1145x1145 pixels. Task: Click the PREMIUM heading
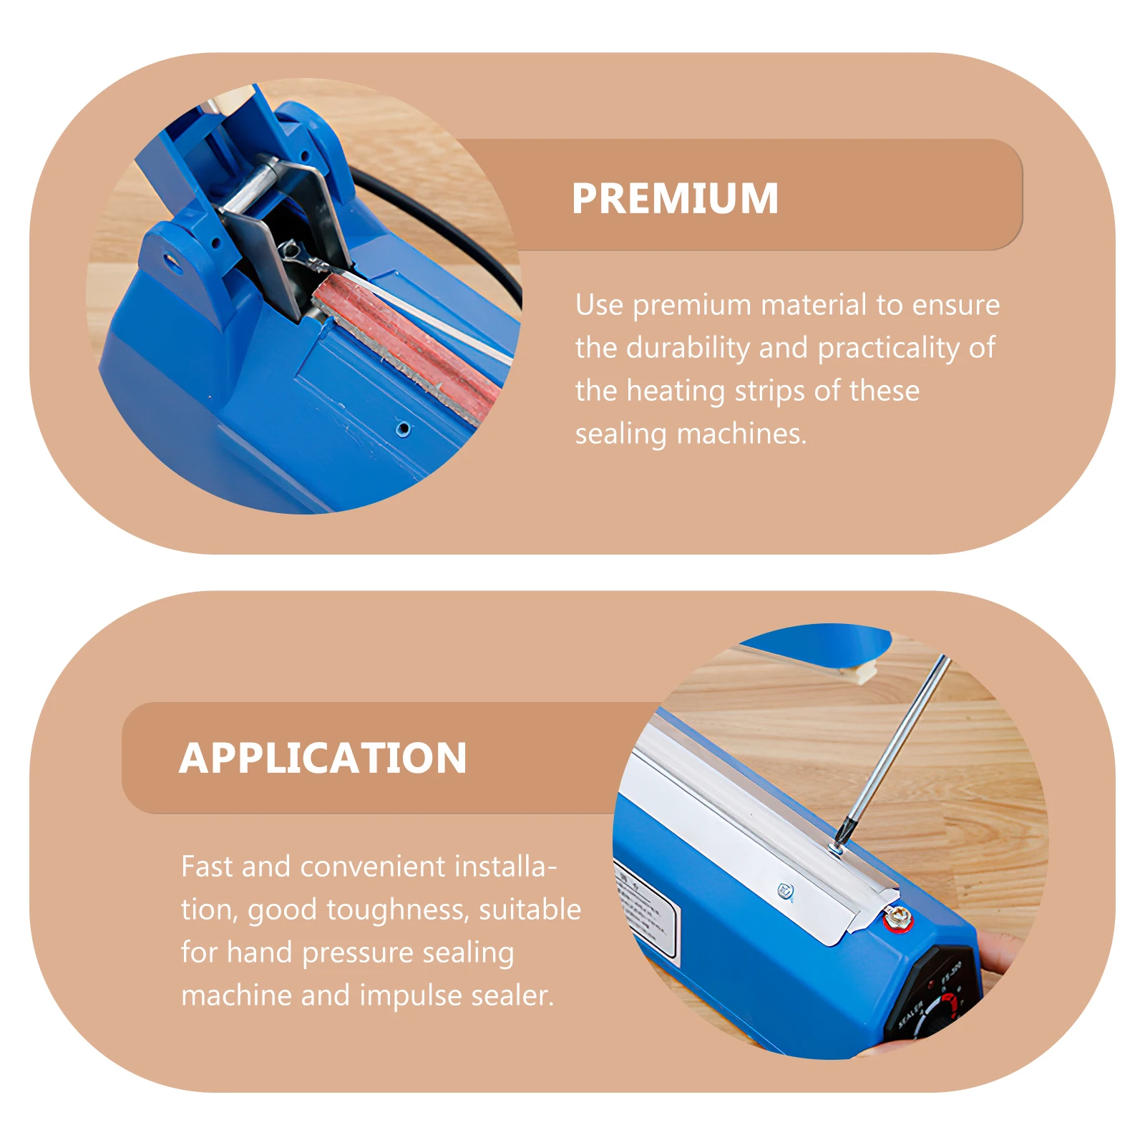click(x=675, y=198)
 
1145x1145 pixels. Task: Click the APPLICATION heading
click(x=323, y=758)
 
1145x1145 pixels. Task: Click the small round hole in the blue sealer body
click(x=403, y=429)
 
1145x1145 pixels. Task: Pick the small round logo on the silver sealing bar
click(x=785, y=891)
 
